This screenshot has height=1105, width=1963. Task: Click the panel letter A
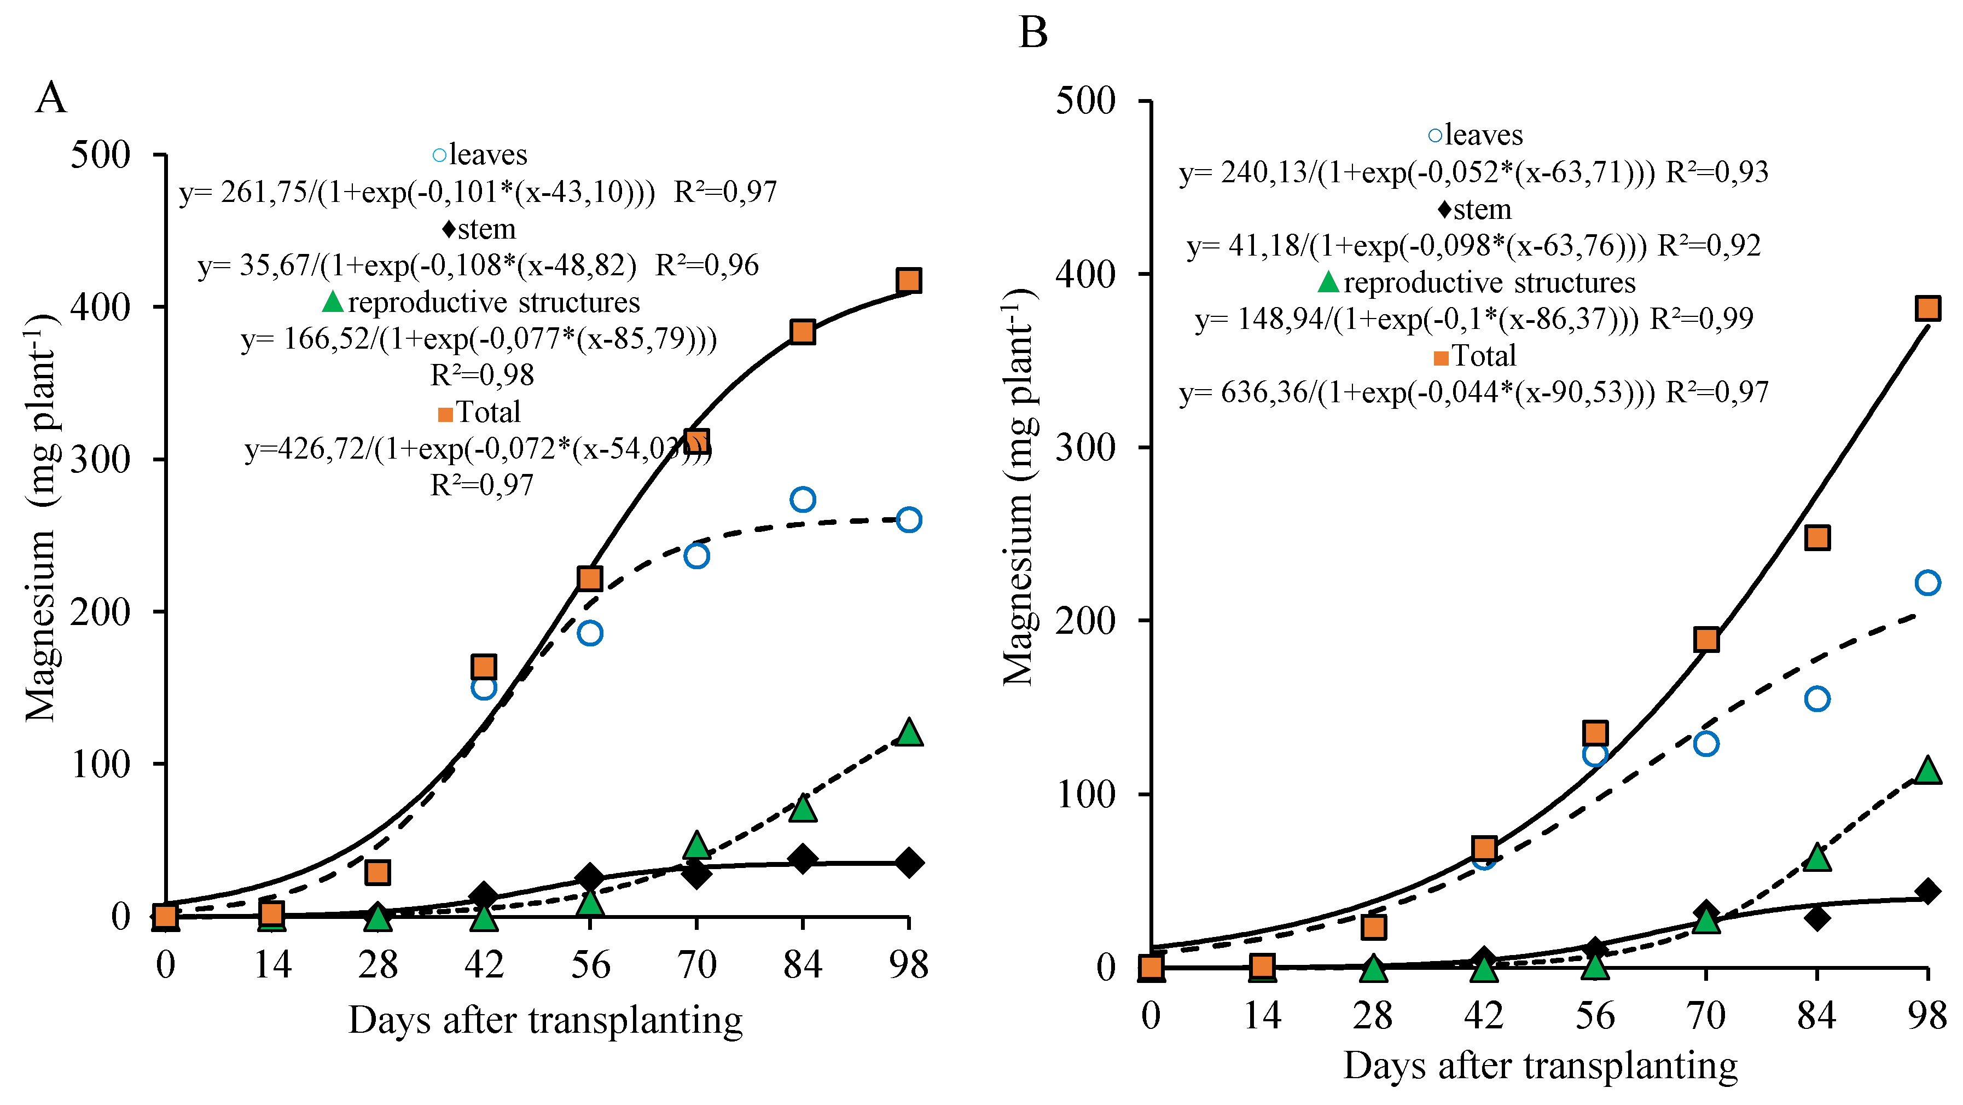pos(51,99)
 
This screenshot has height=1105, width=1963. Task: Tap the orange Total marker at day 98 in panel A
pos(908,280)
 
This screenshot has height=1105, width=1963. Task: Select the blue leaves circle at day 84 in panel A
pos(803,500)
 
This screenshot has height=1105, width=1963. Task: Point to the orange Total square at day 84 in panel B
pos(1817,538)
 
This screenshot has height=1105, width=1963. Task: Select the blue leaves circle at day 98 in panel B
pos(1927,583)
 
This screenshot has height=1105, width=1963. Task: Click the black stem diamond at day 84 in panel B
pos(1817,917)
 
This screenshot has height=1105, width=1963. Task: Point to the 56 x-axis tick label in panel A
pos(590,965)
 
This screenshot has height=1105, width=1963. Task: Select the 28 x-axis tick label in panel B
pos(1373,1016)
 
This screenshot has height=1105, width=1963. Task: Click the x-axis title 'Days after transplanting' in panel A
pos(545,1020)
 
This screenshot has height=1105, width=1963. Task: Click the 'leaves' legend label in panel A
pos(487,155)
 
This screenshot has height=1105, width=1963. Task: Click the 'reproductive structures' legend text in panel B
pos(1489,283)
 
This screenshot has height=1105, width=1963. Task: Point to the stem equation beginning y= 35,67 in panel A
pos(478,265)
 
